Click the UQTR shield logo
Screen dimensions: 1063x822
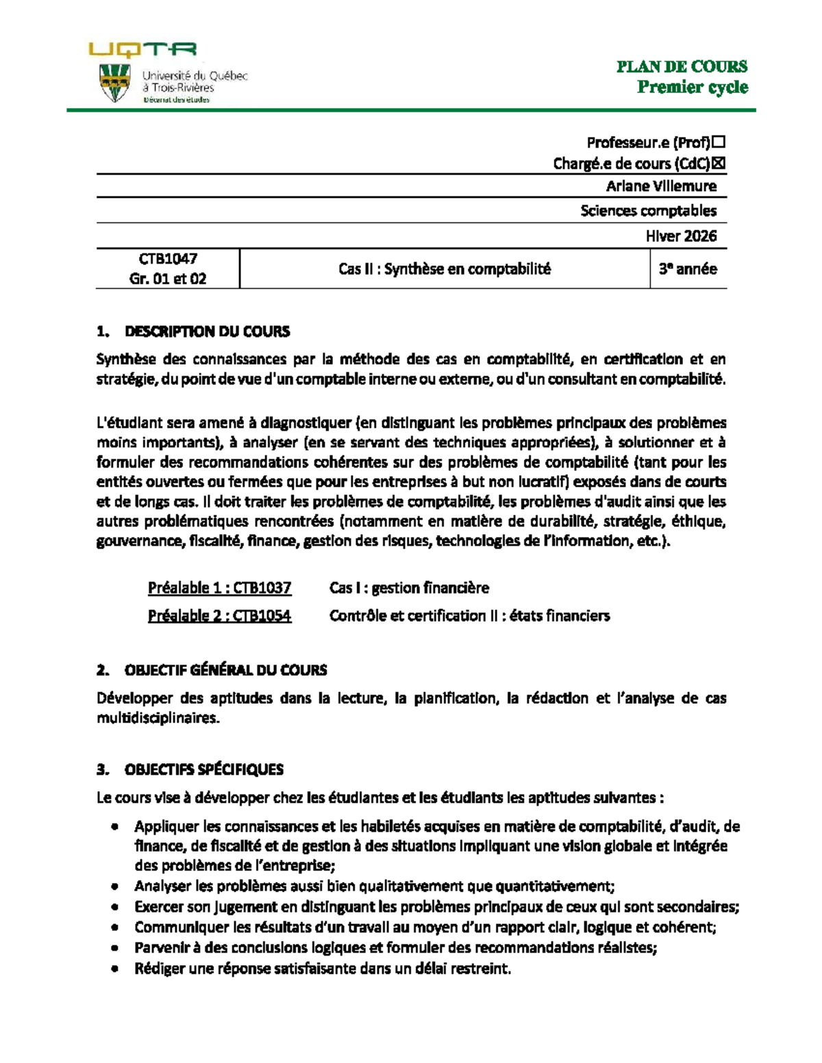[115, 83]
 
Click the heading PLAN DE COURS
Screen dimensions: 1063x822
[682, 66]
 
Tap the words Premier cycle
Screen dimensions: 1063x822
[692, 87]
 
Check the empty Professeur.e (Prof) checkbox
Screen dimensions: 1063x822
[719, 142]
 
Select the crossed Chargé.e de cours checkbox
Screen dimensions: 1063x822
[719, 164]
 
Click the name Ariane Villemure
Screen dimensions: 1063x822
[661, 186]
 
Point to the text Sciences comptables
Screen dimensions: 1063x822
[648, 211]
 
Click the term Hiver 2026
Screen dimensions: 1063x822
[681, 236]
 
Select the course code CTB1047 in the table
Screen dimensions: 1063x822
[168, 259]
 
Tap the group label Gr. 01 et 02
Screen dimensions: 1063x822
[168, 279]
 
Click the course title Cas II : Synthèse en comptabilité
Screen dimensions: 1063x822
[444, 269]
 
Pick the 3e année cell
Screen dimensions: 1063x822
[688, 269]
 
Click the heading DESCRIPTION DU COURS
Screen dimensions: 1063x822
[207, 332]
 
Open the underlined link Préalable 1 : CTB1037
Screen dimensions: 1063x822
[219, 588]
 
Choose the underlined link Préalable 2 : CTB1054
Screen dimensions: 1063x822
[219, 616]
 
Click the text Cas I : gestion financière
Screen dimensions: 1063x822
[409, 588]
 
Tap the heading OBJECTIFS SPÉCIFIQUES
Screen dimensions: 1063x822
[203, 769]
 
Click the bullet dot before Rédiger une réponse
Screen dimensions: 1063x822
[114, 969]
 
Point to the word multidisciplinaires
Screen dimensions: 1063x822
[158, 718]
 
